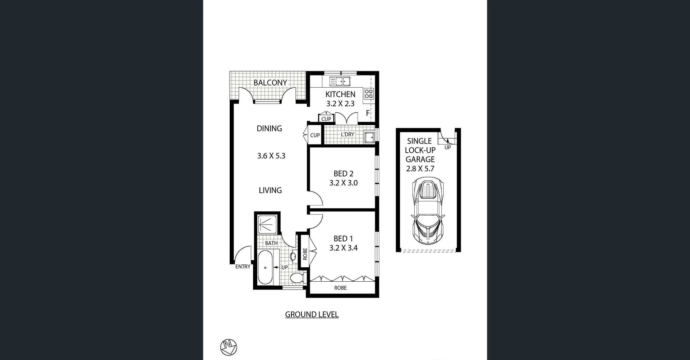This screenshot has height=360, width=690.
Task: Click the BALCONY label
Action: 270,83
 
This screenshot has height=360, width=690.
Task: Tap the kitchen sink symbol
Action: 340,82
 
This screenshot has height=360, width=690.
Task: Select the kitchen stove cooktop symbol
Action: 369,94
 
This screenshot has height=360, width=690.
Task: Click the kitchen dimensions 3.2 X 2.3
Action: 340,104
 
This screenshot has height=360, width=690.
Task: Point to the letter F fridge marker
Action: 368,113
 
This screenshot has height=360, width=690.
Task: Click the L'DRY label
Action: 347,134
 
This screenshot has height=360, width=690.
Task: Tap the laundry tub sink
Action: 369,137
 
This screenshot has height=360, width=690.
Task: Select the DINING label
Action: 269,129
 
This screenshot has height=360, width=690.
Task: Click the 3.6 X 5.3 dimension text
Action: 271,156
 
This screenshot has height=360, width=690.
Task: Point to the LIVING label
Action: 270,190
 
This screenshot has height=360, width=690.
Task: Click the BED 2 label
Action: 343,174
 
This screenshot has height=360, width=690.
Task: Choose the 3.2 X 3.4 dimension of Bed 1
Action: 343,248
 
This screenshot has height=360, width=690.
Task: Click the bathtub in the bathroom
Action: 266,268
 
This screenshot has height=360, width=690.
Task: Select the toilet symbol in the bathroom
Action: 297,278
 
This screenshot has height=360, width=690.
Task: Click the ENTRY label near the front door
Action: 243,267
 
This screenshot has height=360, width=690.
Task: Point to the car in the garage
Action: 428,212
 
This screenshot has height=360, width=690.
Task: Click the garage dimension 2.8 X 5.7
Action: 420,169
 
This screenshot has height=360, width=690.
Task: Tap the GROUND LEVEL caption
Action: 312,315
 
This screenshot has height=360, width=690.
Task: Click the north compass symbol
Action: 229,347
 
